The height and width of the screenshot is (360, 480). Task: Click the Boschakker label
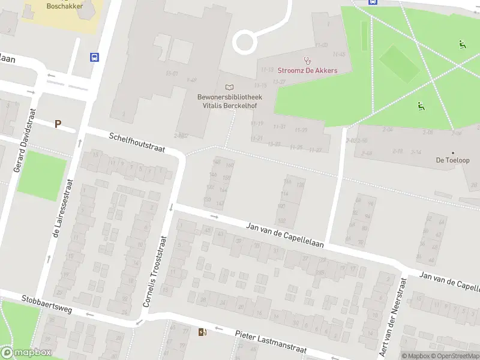click(x=65, y=6)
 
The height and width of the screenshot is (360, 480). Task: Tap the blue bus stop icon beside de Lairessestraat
click(x=95, y=57)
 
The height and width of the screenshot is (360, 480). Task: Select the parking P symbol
click(x=58, y=124)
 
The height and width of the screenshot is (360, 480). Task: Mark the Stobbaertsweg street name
click(x=46, y=303)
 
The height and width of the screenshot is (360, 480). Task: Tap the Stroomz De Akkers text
click(x=307, y=70)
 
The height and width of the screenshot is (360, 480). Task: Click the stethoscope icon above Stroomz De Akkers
click(x=308, y=60)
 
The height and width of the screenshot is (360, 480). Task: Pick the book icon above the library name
click(x=229, y=88)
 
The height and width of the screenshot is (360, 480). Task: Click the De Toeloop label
click(x=452, y=160)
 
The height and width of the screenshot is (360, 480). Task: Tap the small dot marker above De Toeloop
click(x=453, y=152)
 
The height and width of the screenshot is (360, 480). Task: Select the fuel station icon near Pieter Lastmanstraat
click(x=202, y=332)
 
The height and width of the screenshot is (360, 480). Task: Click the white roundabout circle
click(x=244, y=42)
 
